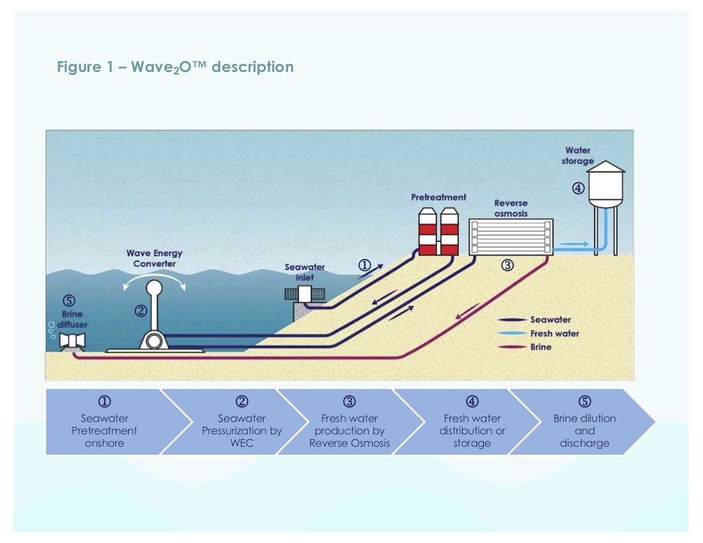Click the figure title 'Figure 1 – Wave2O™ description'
click(175, 67)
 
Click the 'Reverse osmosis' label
click(511, 208)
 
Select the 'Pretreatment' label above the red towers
click(438, 197)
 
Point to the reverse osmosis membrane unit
click(511, 236)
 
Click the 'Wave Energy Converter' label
click(154, 258)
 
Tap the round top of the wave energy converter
click(154, 286)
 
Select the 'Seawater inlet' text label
click(305, 272)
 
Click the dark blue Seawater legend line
click(511, 320)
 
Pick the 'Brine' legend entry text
click(540, 347)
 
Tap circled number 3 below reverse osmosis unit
click(507, 266)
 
